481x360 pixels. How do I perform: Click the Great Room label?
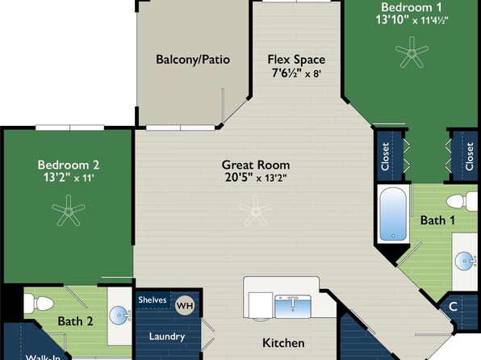click(x=256, y=165)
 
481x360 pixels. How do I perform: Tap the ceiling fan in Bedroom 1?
click(x=412, y=52)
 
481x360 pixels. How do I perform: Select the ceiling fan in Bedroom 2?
click(x=69, y=211)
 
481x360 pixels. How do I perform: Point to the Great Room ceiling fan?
click(x=256, y=211)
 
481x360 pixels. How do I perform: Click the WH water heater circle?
click(x=185, y=306)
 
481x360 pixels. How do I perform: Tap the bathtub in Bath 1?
click(x=393, y=214)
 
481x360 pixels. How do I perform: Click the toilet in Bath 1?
click(x=462, y=201)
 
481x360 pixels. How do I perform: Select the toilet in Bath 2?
click(x=39, y=303)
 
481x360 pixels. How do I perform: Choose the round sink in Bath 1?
click(x=464, y=262)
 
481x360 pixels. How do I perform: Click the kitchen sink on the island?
click(x=293, y=307)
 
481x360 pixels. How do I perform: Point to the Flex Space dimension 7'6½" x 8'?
click(x=296, y=73)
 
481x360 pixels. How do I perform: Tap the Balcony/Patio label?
click(x=193, y=59)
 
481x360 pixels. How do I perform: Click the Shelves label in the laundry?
click(x=153, y=299)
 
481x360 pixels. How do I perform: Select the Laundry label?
click(x=167, y=337)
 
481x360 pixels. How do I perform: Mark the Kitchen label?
click(x=283, y=343)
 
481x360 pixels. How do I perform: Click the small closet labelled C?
click(x=453, y=306)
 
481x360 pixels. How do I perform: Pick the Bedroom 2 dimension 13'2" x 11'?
click(x=69, y=178)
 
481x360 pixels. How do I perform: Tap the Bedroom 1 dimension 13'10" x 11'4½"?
click(x=412, y=20)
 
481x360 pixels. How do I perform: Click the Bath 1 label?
click(x=437, y=220)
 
